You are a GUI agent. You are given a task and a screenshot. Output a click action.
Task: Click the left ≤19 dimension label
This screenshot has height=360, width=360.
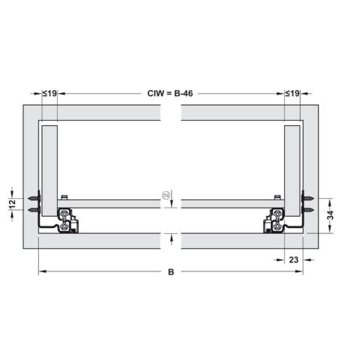[x=49, y=93]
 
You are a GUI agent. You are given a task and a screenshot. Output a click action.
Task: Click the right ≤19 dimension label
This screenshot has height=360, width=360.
[x=293, y=93]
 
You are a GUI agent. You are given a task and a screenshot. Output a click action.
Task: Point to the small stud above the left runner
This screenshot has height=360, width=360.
[x=67, y=196]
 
